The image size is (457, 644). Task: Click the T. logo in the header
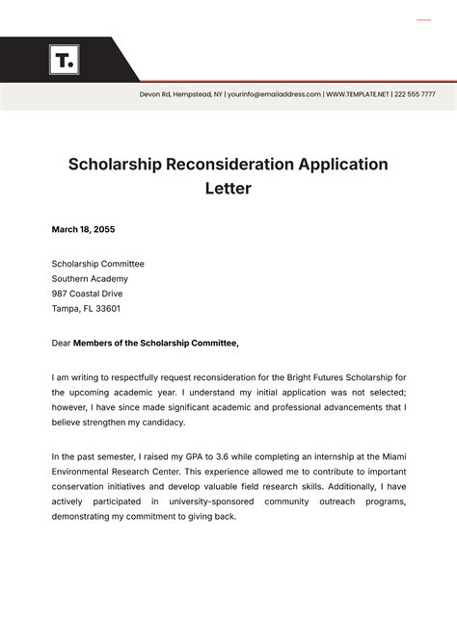pyautogui.click(x=64, y=61)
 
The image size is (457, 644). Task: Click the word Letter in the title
pyautogui.click(x=228, y=189)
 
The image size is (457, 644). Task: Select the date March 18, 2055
pyautogui.click(x=83, y=229)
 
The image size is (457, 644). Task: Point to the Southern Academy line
pyautogui.click(x=89, y=278)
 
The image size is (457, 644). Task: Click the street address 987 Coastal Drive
pyautogui.click(x=87, y=294)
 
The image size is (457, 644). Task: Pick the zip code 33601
pyautogui.click(x=105, y=309)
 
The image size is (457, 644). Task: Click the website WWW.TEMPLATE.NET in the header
pyautogui.click(x=358, y=94)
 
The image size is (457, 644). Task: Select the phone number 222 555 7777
pyautogui.click(x=416, y=94)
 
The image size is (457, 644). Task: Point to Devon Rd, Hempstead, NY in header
pyautogui.click(x=181, y=94)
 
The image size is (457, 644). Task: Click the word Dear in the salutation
pyautogui.click(x=61, y=343)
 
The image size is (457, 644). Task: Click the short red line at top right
pyautogui.click(x=423, y=20)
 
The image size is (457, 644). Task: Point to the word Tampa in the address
pyautogui.click(x=65, y=309)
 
